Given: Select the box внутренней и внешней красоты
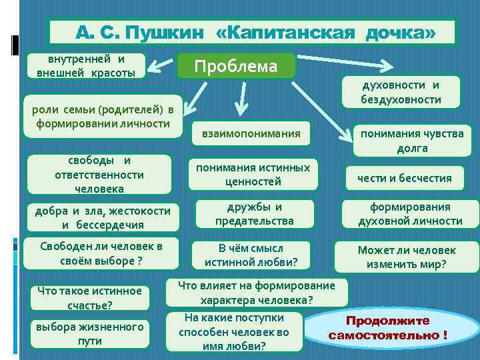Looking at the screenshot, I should [x=81, y=65].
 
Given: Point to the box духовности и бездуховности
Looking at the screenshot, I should [x=401, y=92].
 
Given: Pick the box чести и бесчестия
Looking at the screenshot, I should [x=404, y=177].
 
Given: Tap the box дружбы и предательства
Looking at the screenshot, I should [x=254, y=213].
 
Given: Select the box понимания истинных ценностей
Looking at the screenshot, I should [x=253, y=174].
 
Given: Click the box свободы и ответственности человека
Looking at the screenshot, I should [x=99, y=175].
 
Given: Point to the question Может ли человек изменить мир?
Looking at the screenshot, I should [x=407, y=257].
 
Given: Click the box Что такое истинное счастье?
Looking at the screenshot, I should [x=89, y=297].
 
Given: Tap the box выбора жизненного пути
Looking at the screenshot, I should [x=90, y=333].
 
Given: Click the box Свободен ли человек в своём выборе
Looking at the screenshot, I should [x=101, y=252].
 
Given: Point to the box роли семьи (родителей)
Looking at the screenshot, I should [x=102, y=117].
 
